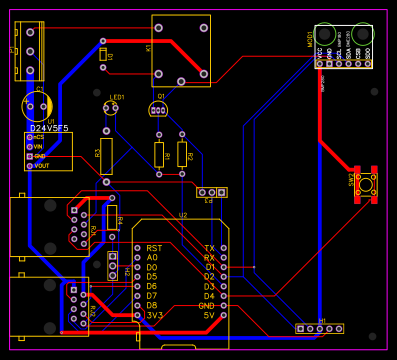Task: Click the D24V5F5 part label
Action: [48, 128]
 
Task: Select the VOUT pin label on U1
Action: [42, 165]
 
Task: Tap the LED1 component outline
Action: [111, 108]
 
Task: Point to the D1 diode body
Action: [103, 56]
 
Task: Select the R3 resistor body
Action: [106, 155]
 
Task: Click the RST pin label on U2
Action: [154, 248]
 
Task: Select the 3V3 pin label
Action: [154, 315]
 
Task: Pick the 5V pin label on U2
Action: [209, 315]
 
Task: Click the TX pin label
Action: [209, 248]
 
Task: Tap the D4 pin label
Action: [209, 296]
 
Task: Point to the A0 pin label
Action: [152, 257]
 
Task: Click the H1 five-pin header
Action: [320, 328]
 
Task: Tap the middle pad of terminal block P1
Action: [31, 52]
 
